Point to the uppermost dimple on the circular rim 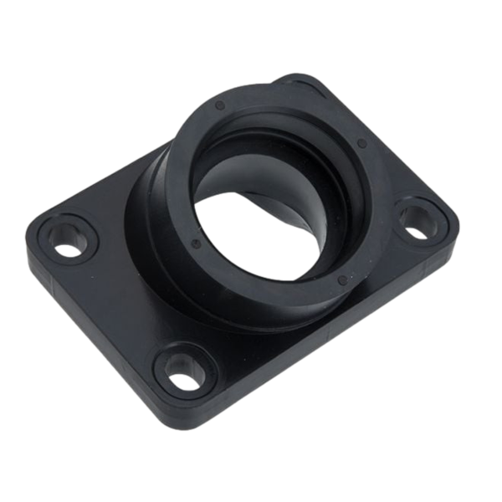[218, 106]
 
